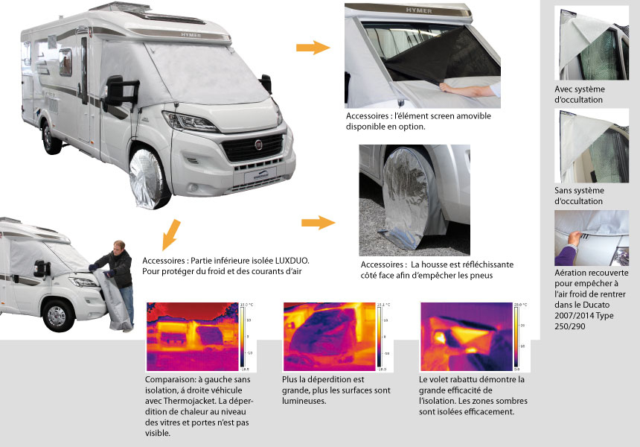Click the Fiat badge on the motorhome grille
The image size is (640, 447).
(258, 145)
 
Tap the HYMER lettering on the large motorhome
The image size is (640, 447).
(191, 35)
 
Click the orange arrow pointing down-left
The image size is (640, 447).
(171, 235)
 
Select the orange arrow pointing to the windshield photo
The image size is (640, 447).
(313, 48)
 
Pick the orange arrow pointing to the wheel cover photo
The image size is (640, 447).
(319, 223)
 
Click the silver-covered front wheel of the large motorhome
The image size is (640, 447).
(147, 179)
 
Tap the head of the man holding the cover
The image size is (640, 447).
(119, 247)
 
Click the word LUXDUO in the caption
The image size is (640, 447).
(292, 261)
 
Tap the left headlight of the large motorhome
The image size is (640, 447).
(188, 121)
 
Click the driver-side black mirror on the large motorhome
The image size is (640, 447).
(120, 92)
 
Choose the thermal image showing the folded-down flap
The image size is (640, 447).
(467, 337)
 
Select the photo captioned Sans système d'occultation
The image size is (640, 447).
(592, 146)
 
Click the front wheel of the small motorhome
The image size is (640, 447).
(58, 315)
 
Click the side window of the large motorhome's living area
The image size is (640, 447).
(65, 63)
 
